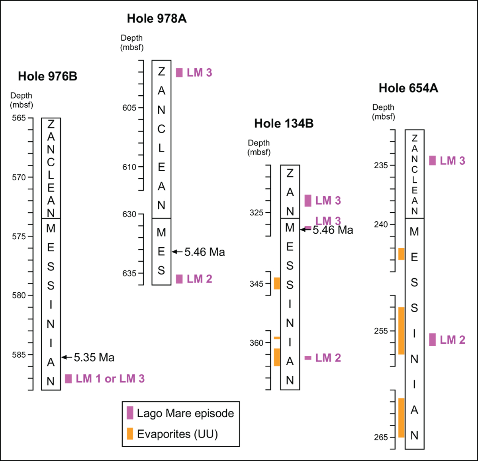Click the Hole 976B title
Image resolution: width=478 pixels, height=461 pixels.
(47, 76)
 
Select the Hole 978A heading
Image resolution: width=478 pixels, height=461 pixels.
(157, 18)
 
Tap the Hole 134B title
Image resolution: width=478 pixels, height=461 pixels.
(284, 124)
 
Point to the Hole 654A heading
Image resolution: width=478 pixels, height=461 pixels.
(408, 88)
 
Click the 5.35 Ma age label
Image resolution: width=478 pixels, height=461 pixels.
(94, 357)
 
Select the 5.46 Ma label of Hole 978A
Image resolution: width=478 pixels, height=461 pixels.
(204, 252)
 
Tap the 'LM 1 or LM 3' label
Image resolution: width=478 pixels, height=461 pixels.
(110, 378)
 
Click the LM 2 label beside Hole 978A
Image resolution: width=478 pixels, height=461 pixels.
(199, 279)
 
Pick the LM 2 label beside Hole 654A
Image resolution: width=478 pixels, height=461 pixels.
(453, 340)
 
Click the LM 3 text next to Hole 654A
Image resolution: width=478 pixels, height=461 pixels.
(453, 161)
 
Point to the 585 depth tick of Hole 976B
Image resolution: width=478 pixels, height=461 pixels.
(19, 355)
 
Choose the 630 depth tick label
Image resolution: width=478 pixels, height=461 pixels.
(129, 214)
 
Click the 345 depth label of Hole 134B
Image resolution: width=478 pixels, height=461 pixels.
(257, 284)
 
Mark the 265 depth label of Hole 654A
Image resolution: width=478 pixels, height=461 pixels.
(381, 437)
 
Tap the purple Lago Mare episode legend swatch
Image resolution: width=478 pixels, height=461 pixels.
(130, 413)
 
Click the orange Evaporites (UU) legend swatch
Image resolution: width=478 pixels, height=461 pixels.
(130, 433)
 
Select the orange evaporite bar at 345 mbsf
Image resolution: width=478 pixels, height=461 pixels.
(277, 284)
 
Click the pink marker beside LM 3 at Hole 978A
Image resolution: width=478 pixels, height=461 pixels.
(179, 73)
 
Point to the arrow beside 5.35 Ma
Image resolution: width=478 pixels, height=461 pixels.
(67, 357)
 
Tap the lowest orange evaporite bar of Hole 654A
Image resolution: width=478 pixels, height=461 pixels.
(402, 418)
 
